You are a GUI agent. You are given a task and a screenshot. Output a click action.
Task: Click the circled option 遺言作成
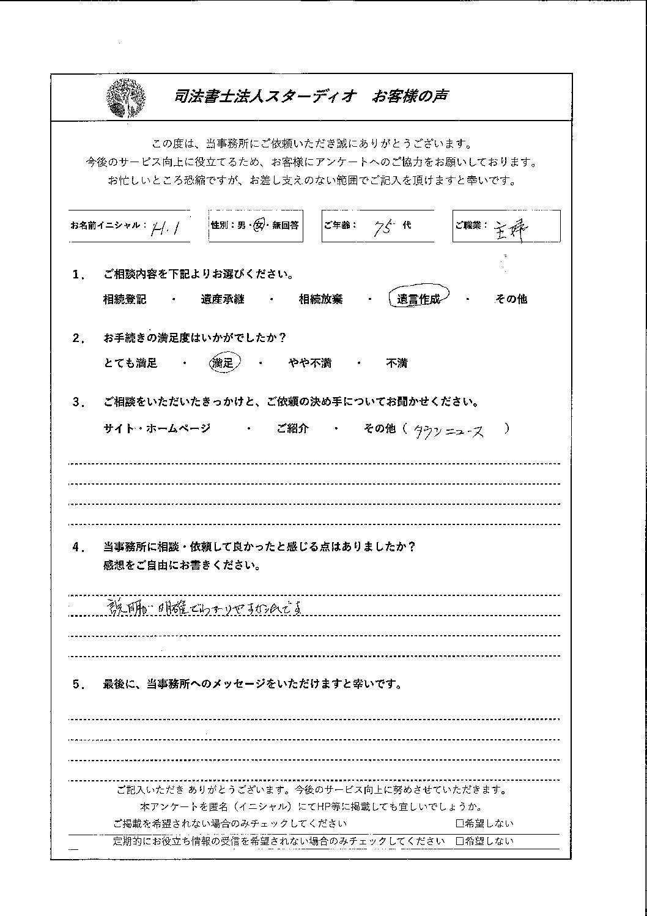[418, 299]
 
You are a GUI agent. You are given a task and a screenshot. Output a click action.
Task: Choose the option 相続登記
[125, 300]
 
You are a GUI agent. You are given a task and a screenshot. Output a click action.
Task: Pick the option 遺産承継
[222, 300]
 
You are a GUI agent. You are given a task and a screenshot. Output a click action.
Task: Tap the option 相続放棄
[320, 300]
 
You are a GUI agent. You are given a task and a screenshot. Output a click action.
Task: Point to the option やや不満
[309, 363]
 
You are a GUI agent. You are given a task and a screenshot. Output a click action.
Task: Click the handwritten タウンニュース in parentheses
[449, 431]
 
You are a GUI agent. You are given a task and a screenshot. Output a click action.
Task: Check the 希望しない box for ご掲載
[459, 824]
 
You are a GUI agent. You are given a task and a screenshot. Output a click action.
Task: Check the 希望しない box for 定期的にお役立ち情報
[459, 841]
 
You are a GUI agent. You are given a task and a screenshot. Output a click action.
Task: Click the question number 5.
[78, 685]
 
